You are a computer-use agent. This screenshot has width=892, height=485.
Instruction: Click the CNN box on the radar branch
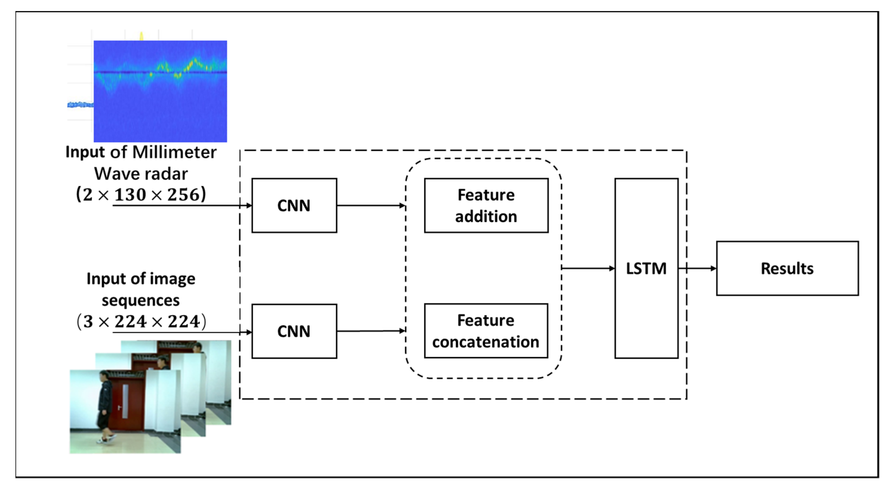[x=294, y=205]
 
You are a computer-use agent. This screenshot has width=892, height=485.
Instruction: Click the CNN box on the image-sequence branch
[x=294, y=331]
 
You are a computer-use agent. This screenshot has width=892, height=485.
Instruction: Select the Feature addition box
[x=486, y=205]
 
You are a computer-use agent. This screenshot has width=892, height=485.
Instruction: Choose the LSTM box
[x=646, y=268]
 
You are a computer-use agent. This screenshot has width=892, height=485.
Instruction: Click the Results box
[x=787, y=268]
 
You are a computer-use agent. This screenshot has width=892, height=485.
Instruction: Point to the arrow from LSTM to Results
[x=697, y=268]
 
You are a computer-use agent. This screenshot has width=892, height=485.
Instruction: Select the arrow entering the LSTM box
[x=588, y=268]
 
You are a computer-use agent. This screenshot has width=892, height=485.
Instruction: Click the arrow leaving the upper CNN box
[x=371, y=206]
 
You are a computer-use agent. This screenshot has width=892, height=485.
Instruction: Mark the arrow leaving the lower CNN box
[x=371, y=331]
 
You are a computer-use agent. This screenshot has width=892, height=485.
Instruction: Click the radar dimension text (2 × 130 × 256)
[x=141, y=194]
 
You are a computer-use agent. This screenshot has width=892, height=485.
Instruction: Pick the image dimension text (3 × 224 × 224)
[x=141, y=322]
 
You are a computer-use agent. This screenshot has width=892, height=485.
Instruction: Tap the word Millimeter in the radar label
[x=174, y=152]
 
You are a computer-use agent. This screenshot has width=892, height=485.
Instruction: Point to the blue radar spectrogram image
[x=160, y=91]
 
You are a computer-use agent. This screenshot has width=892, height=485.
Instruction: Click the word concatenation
[x=486, y=342]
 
